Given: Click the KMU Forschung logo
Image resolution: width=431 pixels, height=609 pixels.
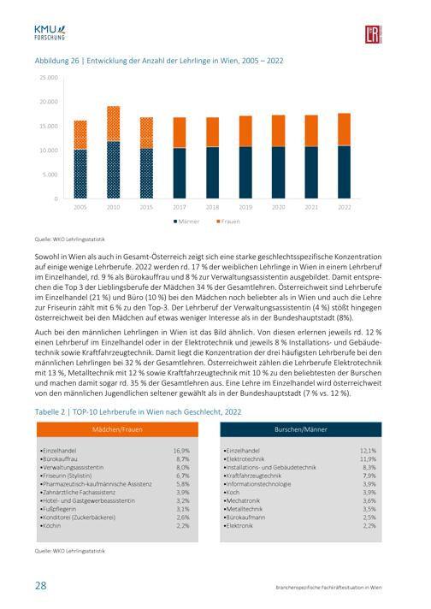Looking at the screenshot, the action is pyautogui.click(x=50, y=33).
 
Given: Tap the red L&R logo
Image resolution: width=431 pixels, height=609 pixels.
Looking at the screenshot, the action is pyautogui.click(x=373, y=34).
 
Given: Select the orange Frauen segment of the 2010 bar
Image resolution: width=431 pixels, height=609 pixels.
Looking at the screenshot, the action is pyautogui.click(x=114, y=123).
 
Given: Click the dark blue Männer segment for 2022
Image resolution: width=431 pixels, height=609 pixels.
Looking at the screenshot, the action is pyautogui.click(x=345, y=172).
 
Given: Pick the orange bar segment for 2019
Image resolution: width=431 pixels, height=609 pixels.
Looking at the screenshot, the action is pyautogui.click(x=245, y=131).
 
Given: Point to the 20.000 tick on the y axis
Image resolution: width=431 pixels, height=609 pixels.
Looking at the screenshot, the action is pyautogui.click(x=49, y=102).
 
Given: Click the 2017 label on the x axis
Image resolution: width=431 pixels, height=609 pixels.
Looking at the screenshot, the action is pyautogui.click(x=180, y=207).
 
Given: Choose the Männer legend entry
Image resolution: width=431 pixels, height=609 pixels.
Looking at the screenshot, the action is pyautogui.click(x=186, y=222).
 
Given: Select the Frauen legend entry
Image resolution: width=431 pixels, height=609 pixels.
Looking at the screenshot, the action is pyautogui.click(x=228, y=222).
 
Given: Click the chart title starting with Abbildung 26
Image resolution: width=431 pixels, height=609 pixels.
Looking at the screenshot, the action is pyautogui.click(x=159, y=61).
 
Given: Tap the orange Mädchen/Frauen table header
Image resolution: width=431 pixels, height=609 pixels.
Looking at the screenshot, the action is pyautogui.click(x=117, y=429).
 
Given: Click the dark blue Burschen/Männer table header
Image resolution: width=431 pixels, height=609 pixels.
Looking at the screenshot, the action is pyautogui.click(x=301, y=429).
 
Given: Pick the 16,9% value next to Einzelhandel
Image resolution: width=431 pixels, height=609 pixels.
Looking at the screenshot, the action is pyautogui.click(x=181, y=451).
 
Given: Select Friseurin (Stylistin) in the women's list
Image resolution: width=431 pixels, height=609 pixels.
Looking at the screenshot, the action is pyautogui.click(x=66, y=476).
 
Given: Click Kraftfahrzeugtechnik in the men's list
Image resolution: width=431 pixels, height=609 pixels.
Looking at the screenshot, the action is pyautogui.click(x=252, y=476).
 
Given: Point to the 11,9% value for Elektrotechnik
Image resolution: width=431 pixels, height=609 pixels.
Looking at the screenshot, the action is pyautogui.click(x=368, y=459).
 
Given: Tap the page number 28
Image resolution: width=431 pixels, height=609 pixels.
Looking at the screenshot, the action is pyautogui.click(x=41, y=585).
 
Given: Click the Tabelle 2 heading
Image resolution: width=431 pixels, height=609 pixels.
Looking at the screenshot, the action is pyautogui.click(x=138, y=412).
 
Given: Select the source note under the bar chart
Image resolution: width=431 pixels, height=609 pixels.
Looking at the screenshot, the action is pyautogui.click(x=70, y=239).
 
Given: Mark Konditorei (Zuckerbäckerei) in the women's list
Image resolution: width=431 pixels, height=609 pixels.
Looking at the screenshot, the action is pyautogui.click(x=78, y=517).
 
